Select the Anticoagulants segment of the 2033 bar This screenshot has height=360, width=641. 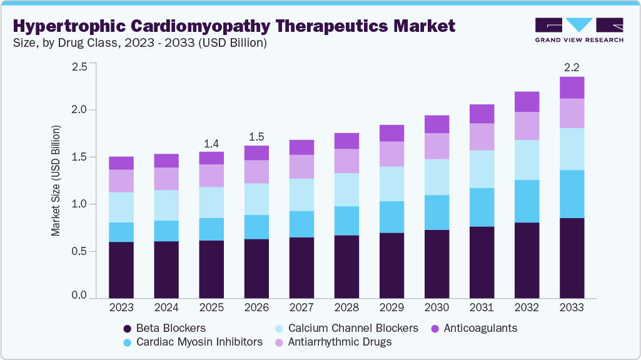pyautogui.click(x=572, y=87)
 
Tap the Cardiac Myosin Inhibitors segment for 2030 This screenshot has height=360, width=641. pyautogui.click(x=437, y=212)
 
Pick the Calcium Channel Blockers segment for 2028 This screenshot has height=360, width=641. pyautogui.click(x=346, y=189)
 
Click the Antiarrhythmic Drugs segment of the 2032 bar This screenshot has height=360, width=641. pyautogui.click(x=527, y=126)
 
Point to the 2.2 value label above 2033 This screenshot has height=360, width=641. pyautogui.click(x=572, y=66)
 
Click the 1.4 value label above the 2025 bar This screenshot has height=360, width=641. pyautogui.click(x=211, y=142)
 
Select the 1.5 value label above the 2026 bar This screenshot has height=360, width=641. pyautogui.click(x=256, y=136)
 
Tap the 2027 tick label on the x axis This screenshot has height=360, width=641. pyautogui.click(x=301, y=308)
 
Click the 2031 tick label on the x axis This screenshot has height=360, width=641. pyautogui.click(x=482, y=308)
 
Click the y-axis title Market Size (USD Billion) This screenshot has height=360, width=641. pyautogui.click(x=56, y=181)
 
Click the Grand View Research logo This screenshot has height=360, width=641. pyautogui.click(x=579, y=29)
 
